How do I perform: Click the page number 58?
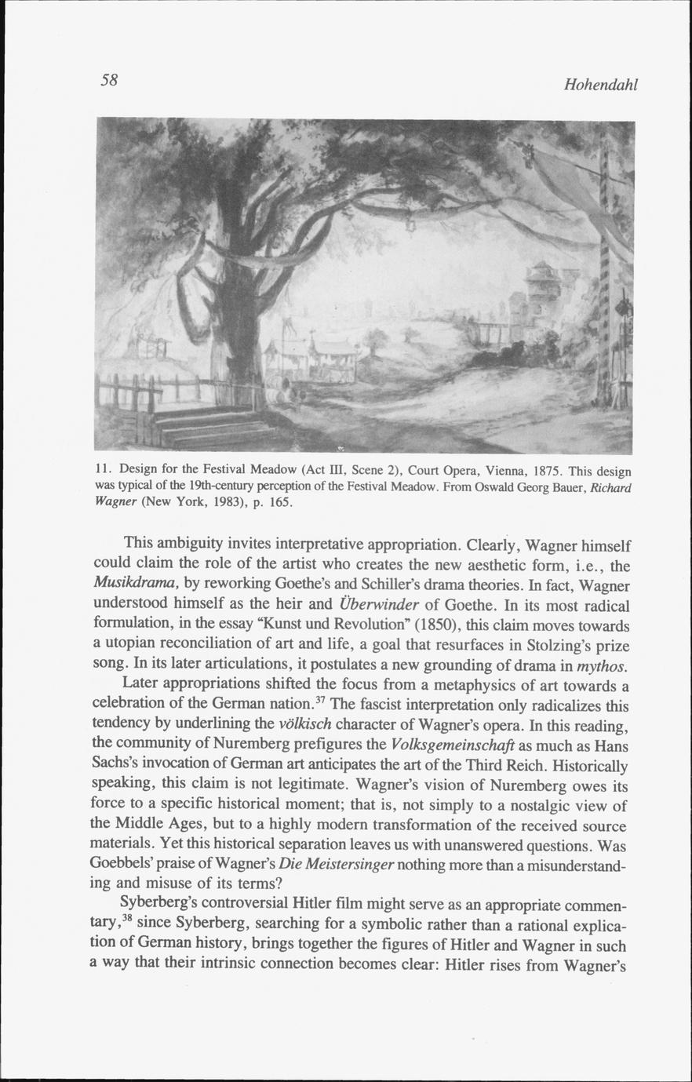(109, 79)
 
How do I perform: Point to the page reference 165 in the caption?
(280, 502)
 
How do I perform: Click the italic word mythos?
(602, 667)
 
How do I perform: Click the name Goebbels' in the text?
(124, 865)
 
